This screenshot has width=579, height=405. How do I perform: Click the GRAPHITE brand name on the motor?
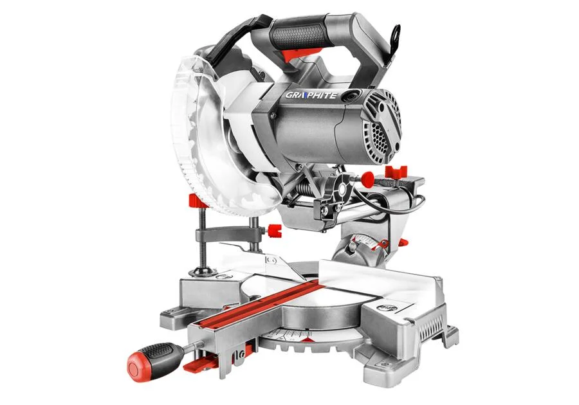pyautogui.click(x=311, y=95)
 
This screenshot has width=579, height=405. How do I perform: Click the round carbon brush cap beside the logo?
pyautogui.click(x=348, y=95)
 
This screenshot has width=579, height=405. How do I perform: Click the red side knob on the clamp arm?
pyautogui.click(x=274, y=231)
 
